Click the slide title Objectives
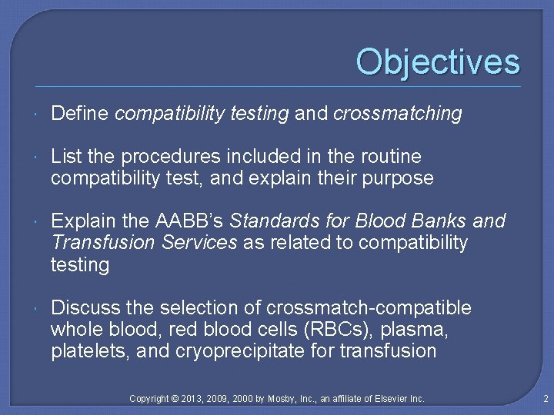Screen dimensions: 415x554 tap(438, 62)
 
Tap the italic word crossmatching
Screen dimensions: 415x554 tap(397, 114)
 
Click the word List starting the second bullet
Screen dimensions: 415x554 tap(65, 157)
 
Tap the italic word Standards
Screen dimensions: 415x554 tap(269, 221)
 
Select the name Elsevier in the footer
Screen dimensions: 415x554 tap(387, 398)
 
